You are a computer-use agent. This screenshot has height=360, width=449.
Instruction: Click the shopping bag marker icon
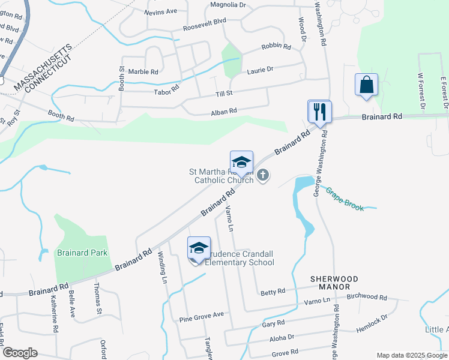coord(366,85)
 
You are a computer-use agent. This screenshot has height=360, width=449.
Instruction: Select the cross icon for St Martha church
coord(262,175)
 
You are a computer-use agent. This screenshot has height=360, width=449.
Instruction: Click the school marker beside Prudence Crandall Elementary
coord(199,248)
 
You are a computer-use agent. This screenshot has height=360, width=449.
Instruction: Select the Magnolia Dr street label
coord(228,5)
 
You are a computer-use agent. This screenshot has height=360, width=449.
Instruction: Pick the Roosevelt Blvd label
coord(205,20)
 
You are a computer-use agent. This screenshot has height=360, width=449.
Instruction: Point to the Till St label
coord(224,94)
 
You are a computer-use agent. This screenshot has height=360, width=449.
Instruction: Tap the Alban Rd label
coord(224,111)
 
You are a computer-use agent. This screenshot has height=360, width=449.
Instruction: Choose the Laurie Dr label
coord(260,70)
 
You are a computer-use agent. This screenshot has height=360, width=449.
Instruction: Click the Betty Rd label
coord(273,292)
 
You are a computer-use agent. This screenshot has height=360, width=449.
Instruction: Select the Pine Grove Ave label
coord(201,314)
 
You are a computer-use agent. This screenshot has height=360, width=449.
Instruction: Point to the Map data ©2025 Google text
coord(411,355)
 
